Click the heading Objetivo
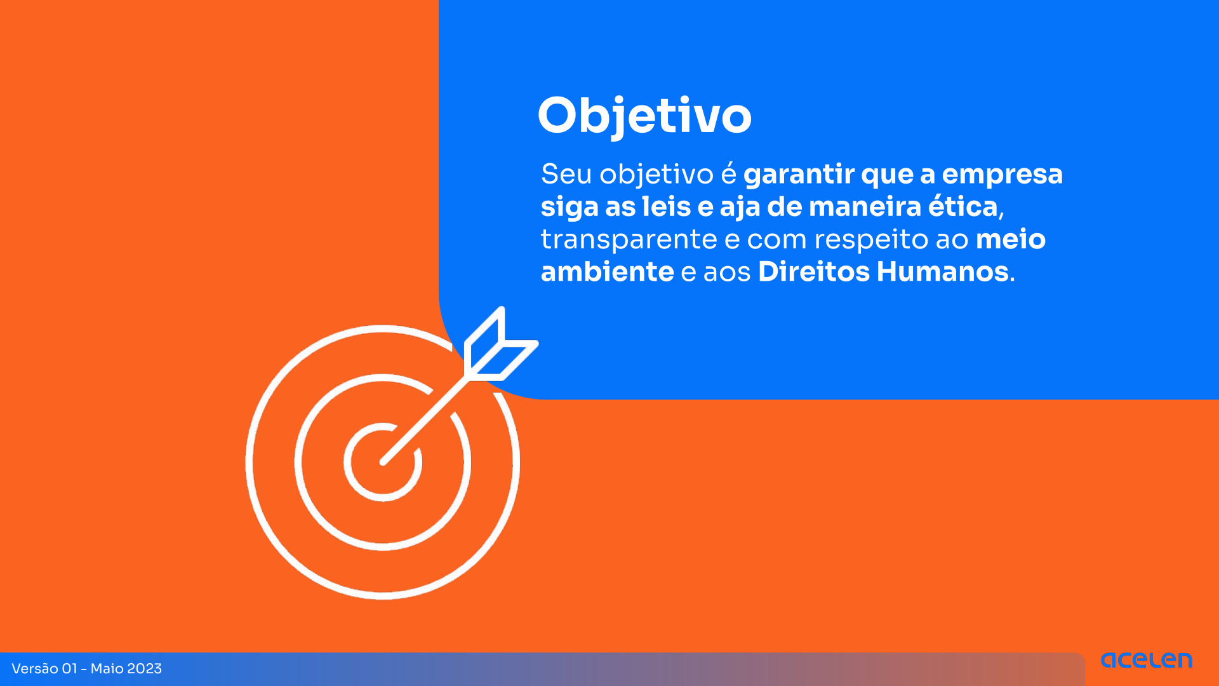pos(644,116)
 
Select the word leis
pos(666,206)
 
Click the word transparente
pos(629,240)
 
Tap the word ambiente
pos(607,272)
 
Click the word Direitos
pos(814,272)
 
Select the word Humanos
pos(943,272)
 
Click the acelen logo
pos(1147,661)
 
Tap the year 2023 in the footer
pos(145,669)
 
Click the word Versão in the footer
pos(34,669)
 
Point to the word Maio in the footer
pos(107,669)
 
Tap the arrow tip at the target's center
pos(383,462)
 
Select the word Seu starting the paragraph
pos(566,175)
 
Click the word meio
pos(1011,239)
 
